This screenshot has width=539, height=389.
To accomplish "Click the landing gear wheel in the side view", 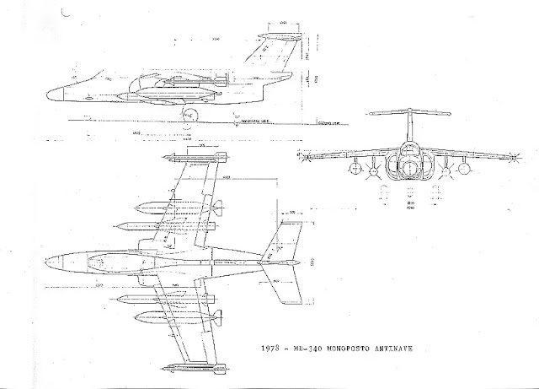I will pyautogui.click(x=192, y=115).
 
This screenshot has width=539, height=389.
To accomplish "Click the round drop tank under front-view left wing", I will pyautogui.click(x=371, y=171).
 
